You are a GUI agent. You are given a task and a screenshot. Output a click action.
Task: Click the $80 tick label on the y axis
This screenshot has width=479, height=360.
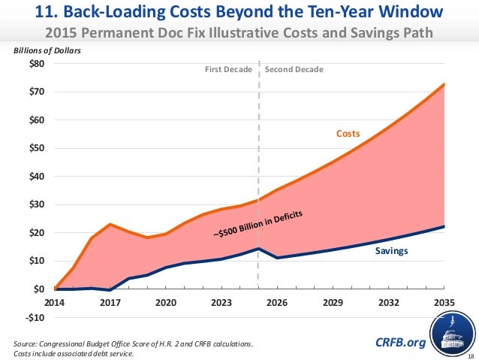pos(37,64)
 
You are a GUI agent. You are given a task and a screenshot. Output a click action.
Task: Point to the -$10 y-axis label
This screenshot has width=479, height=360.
pos(35,317)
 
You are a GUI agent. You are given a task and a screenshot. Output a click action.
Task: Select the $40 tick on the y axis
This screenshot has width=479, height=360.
pos(37,177)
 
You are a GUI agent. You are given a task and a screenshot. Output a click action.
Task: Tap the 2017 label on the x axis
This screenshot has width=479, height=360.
pos(110,304)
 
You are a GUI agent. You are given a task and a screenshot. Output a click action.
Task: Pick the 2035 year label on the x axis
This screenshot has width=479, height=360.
pos(444,304)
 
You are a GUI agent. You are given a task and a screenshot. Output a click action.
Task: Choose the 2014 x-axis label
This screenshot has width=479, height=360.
pos(55,304)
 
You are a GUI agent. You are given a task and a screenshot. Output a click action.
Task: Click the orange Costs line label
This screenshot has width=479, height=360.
pos(348,134)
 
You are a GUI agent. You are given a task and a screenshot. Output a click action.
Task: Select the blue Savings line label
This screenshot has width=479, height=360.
pos(391,251)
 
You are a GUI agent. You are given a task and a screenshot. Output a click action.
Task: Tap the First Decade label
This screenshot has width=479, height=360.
pos(229,69)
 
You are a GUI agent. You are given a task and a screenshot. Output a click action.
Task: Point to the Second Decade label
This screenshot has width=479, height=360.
pos(294,69)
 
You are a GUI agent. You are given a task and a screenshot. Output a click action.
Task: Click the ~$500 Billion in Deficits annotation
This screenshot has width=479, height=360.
pos(258,226)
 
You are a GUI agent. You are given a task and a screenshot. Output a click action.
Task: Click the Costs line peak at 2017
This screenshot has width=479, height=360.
pos(110,224)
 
